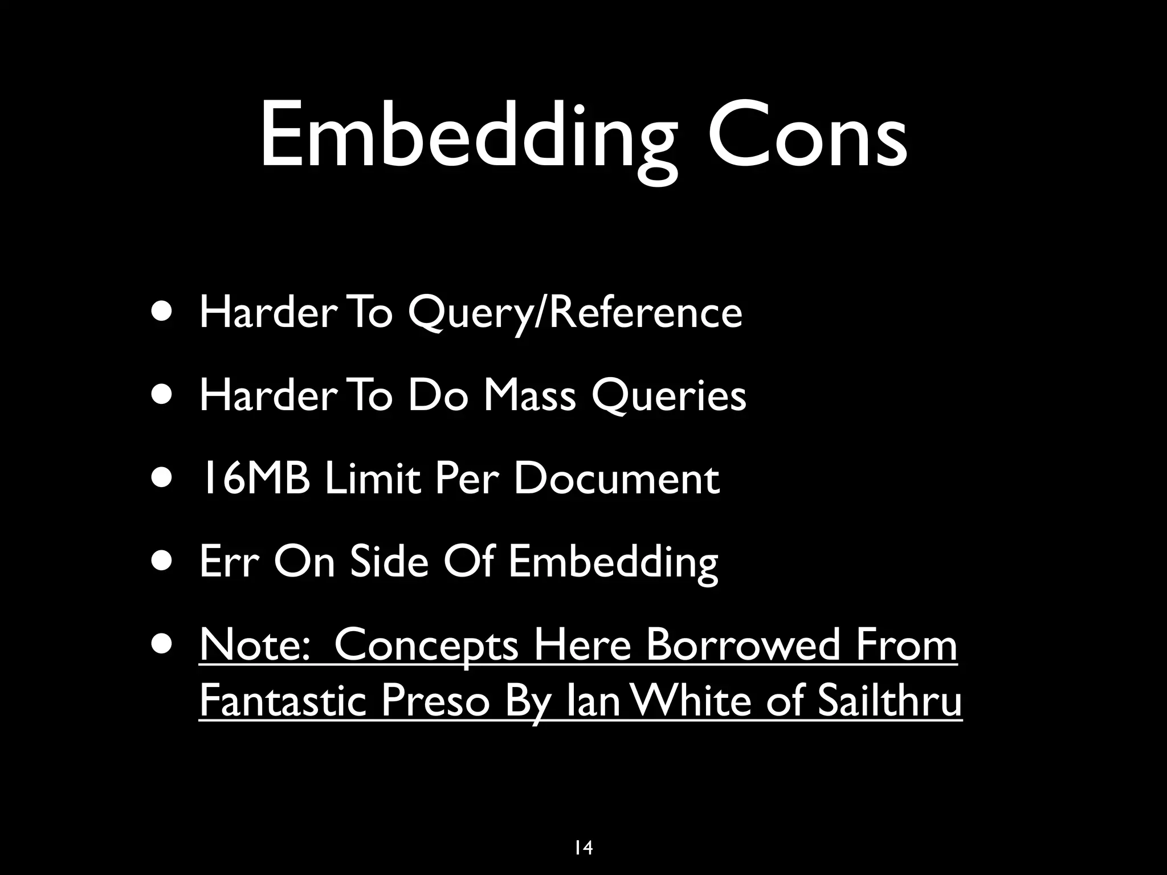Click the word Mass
click(529, 395)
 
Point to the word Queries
click(668, 396)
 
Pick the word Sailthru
click(889, 700)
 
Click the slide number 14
click(583, 848)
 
